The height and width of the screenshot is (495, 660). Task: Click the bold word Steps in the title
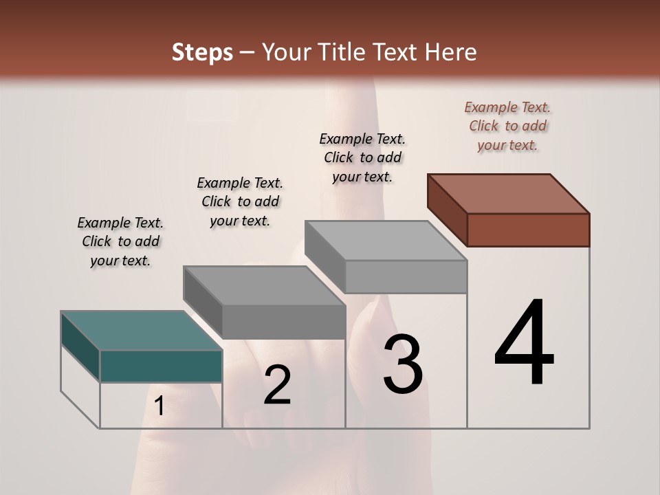[x=202, y=52]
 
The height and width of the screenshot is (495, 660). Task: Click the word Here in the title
[x=452, y=52]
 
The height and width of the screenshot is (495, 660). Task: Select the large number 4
[x=524, y=344]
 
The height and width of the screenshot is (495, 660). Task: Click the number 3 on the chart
[x=403, y=364]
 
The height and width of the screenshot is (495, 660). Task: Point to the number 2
[x=277, y=385]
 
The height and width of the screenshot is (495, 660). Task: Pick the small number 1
[x=159, y=406]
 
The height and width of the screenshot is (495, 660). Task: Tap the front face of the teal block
[x=161, y=366]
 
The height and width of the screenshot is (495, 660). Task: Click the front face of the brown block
[x=528, y=230]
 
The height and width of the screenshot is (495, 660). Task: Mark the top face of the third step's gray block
[x=386, y=241]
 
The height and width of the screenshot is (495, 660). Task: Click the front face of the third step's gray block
[x=406, y=276]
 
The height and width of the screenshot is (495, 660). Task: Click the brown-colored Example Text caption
[x=507, y=126]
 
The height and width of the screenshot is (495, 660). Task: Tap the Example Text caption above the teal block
[x=120, y=241]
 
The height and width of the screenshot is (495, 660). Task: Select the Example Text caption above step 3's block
[x=362, y=157]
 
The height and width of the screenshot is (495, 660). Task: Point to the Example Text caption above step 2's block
[x=240, y=201]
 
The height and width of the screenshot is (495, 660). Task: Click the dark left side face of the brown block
[x=447, y=210]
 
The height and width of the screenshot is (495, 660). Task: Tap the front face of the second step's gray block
[x=283, y=322]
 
